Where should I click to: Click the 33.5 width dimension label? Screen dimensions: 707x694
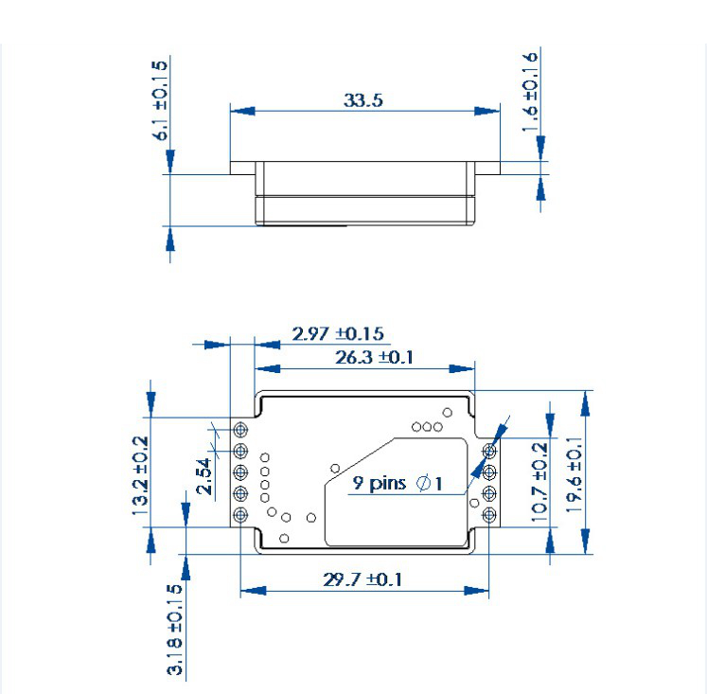(363, 100)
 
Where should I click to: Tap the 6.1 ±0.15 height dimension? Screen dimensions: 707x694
(160, 100)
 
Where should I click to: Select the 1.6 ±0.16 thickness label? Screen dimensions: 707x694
(530, 92)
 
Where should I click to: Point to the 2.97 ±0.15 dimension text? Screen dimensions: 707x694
(338, 333)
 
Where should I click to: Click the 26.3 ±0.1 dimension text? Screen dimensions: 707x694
(374, 358)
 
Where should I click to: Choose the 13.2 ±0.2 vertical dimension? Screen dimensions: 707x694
(140, 475)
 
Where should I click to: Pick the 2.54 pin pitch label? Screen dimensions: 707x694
(203, 476)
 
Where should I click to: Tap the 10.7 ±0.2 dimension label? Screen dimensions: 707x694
(539, 482)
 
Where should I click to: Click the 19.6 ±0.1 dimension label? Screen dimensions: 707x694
(574, 475)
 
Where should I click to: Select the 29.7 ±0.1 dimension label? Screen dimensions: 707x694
(362, 579)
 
